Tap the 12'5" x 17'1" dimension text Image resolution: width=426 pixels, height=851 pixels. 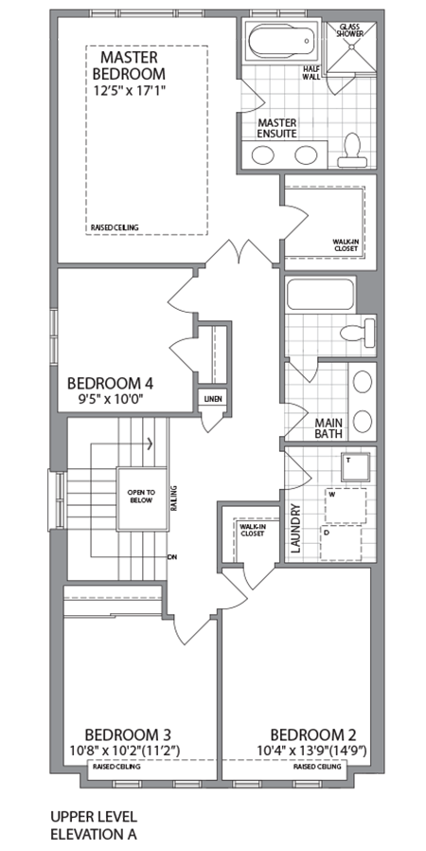tap(129, 92)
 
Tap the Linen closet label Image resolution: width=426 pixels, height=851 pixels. tap(212, 399)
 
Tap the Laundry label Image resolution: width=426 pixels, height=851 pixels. tap(294, 529)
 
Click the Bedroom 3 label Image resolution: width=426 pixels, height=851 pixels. tap(128, 734)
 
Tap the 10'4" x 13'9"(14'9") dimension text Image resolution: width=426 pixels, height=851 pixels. tap(313, 751)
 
